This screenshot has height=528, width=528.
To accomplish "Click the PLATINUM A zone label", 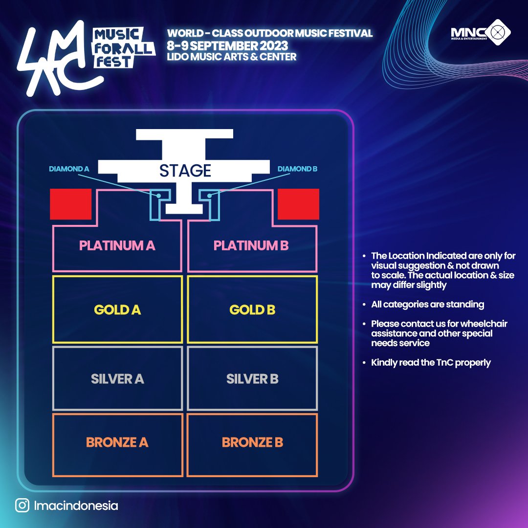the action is (x=117, y=245).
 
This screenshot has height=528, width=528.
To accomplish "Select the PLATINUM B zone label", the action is (x=251, y=245).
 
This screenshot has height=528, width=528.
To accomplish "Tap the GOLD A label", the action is (x=117, y=310).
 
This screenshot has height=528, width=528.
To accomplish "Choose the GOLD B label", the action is (x=252, y=310).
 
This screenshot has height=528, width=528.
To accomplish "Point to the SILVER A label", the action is (x=117, y=379).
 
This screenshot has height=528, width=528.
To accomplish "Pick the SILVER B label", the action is (x=252, y=379).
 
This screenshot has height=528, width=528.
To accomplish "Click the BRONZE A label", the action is (x=117, y=442).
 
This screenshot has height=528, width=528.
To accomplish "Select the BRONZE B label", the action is (x=252, y=442).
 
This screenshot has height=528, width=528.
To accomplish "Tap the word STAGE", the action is (x=185, y=171).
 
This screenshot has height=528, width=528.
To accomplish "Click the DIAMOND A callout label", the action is (x=69, y=169).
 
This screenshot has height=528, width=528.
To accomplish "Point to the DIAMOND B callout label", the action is (x=297, y=169).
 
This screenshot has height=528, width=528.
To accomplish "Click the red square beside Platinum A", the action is (x=71, y=204).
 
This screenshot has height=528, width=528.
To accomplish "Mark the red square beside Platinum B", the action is (x=298, y=204).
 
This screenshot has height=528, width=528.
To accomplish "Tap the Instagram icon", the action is (x=22, y=506).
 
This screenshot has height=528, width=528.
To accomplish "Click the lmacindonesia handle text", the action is (x=76, y=506).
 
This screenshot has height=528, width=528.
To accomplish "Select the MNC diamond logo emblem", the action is (x=497, y=32).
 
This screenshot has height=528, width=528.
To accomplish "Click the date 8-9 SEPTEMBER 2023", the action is (x=228, y=45).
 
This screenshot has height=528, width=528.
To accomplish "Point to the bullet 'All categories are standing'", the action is (x=428, y=305).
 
